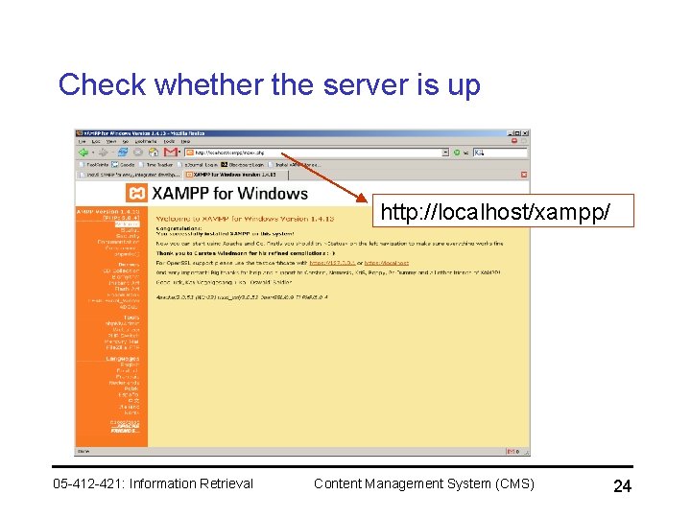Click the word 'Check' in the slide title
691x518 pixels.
[x=101, y=84]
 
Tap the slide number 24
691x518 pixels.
[x=622, y=487]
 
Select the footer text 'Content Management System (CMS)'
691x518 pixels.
[x=424, y=483]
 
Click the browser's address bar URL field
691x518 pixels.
[x=317, y=152]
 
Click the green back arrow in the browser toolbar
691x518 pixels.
[x=84, y=152]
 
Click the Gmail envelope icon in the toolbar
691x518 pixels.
[x=171, y=152]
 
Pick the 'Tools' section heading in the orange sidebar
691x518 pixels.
[x=131, y=318]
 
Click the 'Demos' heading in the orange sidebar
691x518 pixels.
[x=128, y=264]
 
